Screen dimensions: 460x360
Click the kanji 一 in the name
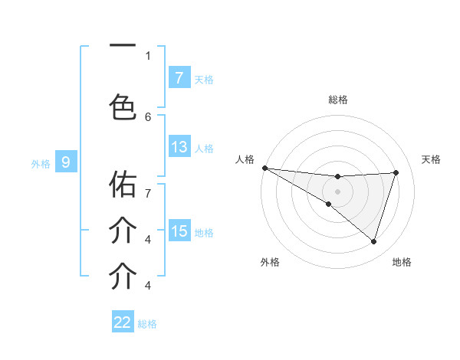[x=123, y=47]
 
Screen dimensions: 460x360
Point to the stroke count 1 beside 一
[x=148, y=55]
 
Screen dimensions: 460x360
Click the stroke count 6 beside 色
[x=148, y=116]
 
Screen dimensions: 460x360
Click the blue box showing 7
[x=179, y=77]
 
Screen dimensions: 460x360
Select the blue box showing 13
[x=179, y=147]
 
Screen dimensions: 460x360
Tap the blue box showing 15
[x=179, y=231]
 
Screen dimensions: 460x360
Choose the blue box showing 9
[x=66, y=162]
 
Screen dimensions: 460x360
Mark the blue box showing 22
[x=123, y=322]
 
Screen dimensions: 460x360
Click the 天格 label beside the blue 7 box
[x=204, y=79]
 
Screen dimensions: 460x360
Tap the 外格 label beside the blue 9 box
[x=41, y=163]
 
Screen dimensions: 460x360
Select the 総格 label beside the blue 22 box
[x=147, y=324]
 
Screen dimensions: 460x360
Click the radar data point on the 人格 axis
[x=264, y=168]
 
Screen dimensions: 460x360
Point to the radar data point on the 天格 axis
[x=396, y=172]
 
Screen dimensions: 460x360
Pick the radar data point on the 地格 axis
[x=373, y=241]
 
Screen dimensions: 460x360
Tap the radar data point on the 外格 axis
[x=328, y=204]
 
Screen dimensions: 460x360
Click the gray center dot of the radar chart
[x=337, y=190]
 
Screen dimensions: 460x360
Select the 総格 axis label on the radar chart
[x=338, y=100]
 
